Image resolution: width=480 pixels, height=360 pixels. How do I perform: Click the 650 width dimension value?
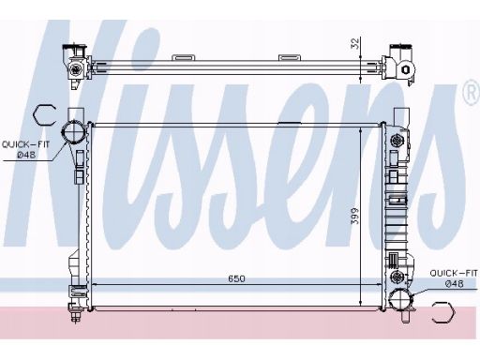(x=236, y=278)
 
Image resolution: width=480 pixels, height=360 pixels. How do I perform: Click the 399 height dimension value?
(x=355, y=216)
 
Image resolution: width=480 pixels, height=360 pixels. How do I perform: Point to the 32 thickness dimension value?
(x=355, y=44)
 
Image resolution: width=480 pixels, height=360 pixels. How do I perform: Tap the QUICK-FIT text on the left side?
(x=26, y=144)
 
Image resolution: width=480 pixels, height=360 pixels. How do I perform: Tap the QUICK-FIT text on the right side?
(x=454, y=273)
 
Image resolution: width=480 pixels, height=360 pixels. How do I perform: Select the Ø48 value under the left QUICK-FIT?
(x=26, y=155)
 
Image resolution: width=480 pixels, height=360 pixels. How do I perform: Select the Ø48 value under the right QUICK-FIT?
(x=455, y=284)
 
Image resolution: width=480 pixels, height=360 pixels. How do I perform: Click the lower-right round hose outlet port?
(x=401, y=299)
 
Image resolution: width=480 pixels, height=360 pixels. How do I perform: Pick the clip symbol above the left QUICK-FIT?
(x=44, y=115)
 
